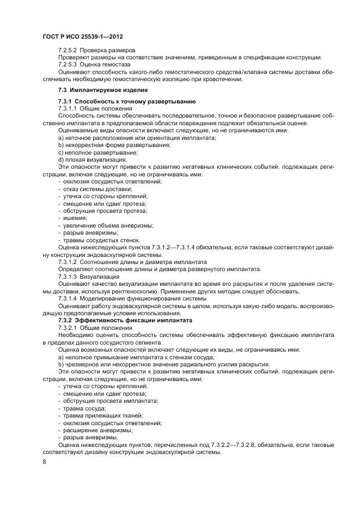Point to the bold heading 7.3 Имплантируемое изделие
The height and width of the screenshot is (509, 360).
(102, 90)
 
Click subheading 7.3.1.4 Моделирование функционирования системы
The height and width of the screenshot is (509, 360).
(124, 298)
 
